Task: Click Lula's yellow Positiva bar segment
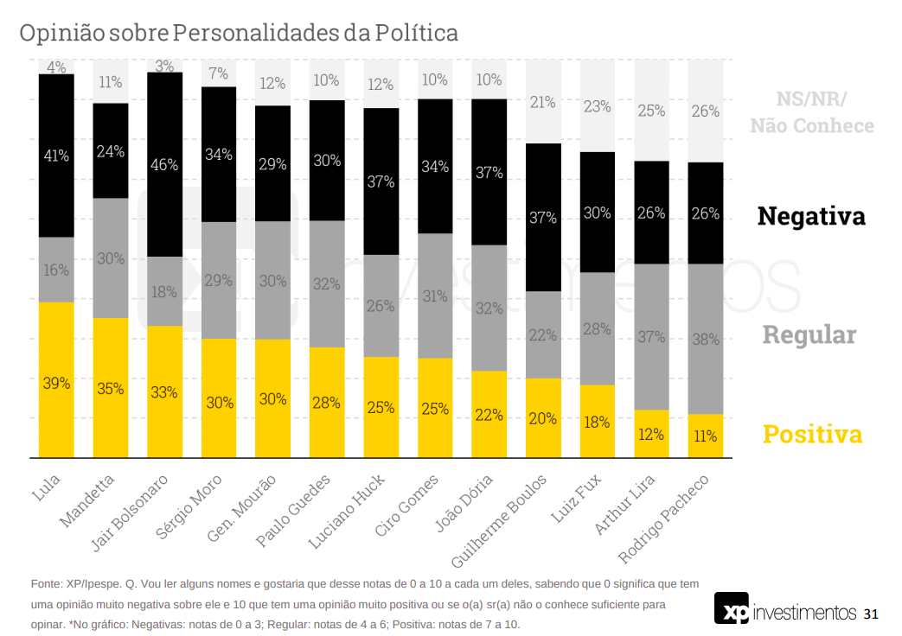pos(56,380)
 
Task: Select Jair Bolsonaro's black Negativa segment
pos(164,164)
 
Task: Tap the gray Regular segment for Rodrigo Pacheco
pos(705,339)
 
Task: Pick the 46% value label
pos(164,164)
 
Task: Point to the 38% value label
pos(705,340)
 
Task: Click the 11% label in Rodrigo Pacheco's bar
pos(705,436)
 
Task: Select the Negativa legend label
pos(810,216)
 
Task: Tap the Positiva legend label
pos(812,434)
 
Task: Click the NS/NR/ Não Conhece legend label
pos(811,112)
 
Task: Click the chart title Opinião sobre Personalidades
pos(239,33)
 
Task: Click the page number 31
pos(870,614)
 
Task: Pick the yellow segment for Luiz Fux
pos(597,422)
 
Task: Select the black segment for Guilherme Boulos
pos(543,217)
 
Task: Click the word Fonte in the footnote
pos(46,584)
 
